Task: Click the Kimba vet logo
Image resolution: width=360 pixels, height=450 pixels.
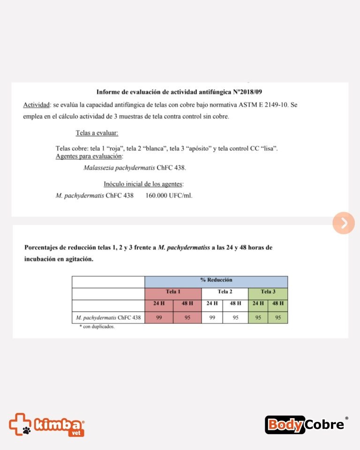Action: tap(46, 424)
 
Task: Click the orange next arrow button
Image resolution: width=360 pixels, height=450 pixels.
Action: tap(344, 223)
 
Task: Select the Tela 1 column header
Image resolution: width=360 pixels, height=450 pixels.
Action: tap(173, 292)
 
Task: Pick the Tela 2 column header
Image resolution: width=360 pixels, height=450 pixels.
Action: tap(225, 292)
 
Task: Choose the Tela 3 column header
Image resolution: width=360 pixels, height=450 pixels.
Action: tap(268, 292)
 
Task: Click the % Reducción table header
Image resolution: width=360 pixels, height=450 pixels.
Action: tap(216, 280)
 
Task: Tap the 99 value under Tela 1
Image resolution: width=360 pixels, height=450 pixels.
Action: tap(159, 317)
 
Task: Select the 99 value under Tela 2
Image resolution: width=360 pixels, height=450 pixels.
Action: tap(212, 317)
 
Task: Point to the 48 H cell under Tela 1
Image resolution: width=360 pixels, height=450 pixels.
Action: tap(187, 303)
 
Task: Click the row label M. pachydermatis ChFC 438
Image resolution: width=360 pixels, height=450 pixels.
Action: tap(108, 317)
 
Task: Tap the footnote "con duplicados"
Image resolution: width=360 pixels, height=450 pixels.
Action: tap(97, 327)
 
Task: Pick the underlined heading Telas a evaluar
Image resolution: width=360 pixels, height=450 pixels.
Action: tap(97, 133)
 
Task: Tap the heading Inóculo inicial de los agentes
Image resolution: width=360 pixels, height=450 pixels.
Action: tap(143, 184)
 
